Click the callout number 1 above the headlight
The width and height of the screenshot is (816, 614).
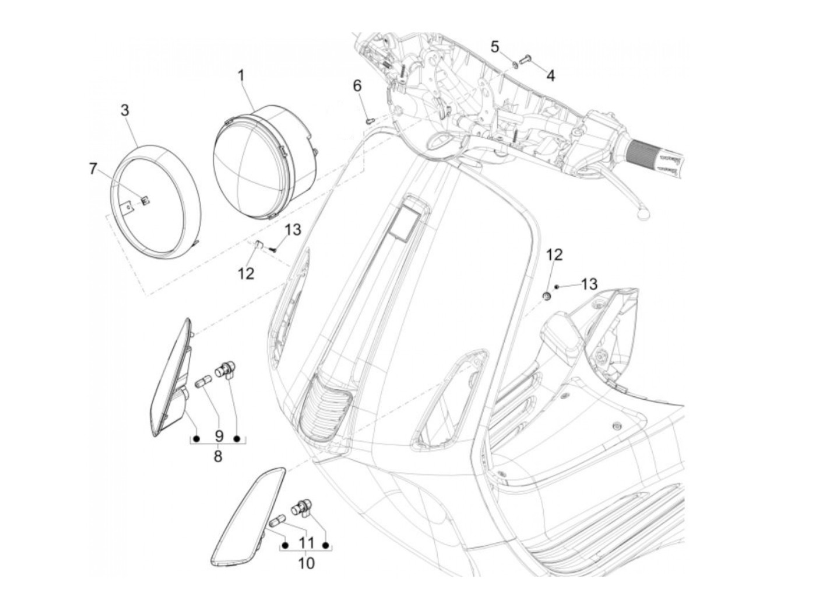click(x=241, y=75)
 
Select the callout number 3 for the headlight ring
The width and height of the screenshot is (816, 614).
click(x=125, y=110)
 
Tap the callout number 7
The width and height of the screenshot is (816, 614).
click(x=93, y=169)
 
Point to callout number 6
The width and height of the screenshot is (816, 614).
click(x=357, y=86)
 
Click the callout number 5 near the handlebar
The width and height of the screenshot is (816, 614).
click(x=494, y=47)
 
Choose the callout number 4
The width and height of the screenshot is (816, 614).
click(x=551, y=75)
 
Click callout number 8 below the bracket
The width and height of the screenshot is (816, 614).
click(x=218, y=456)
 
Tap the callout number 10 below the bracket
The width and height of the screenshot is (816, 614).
click(x=306, y=563)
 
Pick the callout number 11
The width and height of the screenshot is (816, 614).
click(x=306, y=543)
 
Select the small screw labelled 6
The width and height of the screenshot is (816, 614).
click(x=370, y=120)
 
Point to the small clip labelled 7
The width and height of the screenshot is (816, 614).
click(x=145, y=201)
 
